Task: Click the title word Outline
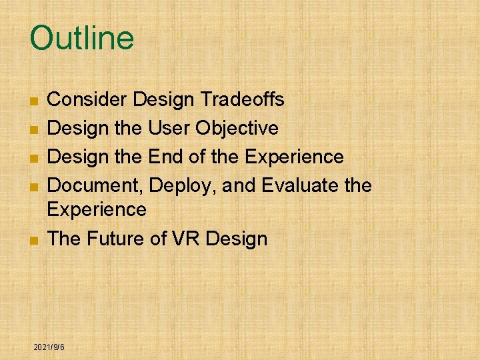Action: [81, 38]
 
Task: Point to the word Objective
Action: [244, 128]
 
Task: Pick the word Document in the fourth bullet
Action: [96, 185]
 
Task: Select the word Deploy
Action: [183, 185]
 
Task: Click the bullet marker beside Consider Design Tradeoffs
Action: [33, 101]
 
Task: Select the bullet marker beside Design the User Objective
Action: [33, 129]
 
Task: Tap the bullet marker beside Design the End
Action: [33, 158]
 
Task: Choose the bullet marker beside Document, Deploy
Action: [33, 187]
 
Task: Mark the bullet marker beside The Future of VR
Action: [33, 240]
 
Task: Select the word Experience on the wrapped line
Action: [97, 210]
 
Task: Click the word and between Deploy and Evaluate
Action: [239, 185]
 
